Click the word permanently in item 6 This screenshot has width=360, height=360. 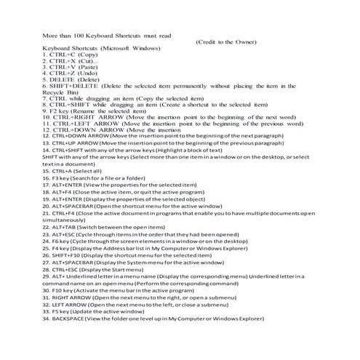189,86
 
